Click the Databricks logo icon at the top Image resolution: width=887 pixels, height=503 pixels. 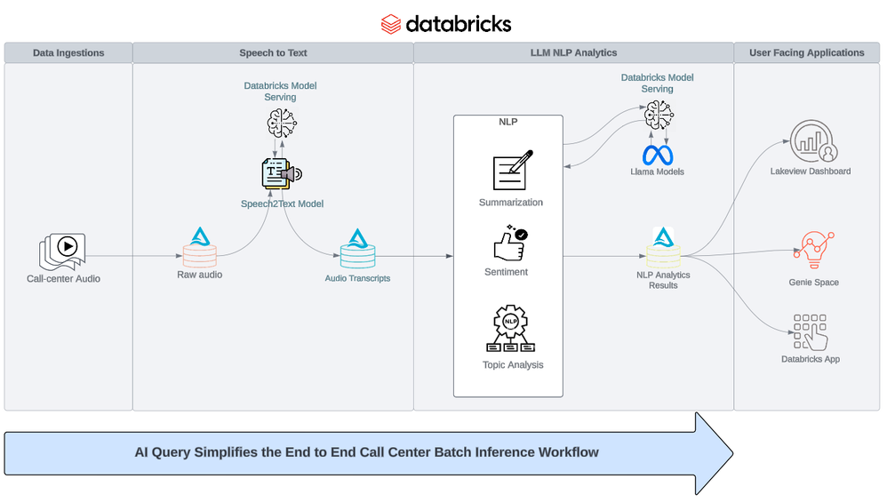tap(391, 23)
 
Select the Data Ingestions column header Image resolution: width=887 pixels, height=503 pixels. tap(68, 53)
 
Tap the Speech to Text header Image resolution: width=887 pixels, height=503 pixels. tap(273, 53)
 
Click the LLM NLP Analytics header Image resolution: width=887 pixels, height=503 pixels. tap(573, 53)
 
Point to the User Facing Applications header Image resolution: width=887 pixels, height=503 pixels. tap(807, 53)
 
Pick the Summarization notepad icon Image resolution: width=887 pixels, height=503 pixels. tap(511, 170)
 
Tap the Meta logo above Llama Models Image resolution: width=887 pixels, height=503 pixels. tap(658, 153)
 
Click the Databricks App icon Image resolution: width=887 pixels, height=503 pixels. tap(810, 331)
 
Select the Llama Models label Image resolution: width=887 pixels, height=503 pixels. tap(658, 172)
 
